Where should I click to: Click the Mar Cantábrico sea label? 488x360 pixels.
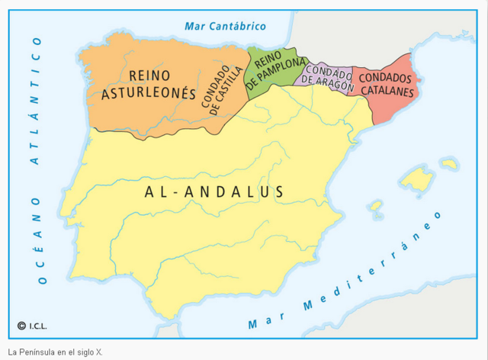point(225,27)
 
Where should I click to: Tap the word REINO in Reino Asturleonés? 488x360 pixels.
point(149,75)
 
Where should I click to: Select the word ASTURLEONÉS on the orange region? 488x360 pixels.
point(149,93)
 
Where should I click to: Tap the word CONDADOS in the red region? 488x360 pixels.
point(385,78)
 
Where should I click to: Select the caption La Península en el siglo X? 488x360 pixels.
point(55,352)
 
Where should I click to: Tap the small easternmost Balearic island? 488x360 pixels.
point(448,163)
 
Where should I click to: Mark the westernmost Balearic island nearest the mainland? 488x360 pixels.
point(375,206)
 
